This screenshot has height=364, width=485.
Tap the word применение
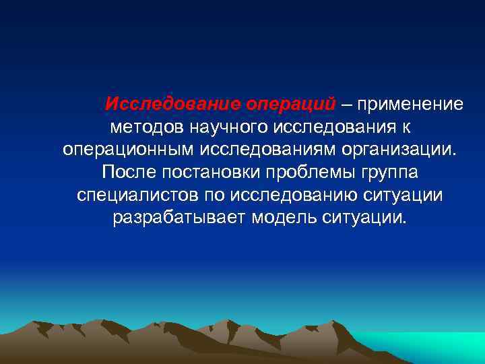pos(410,104)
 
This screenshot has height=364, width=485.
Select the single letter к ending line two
pos(406,127)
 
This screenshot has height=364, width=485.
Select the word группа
pos(387,173)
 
